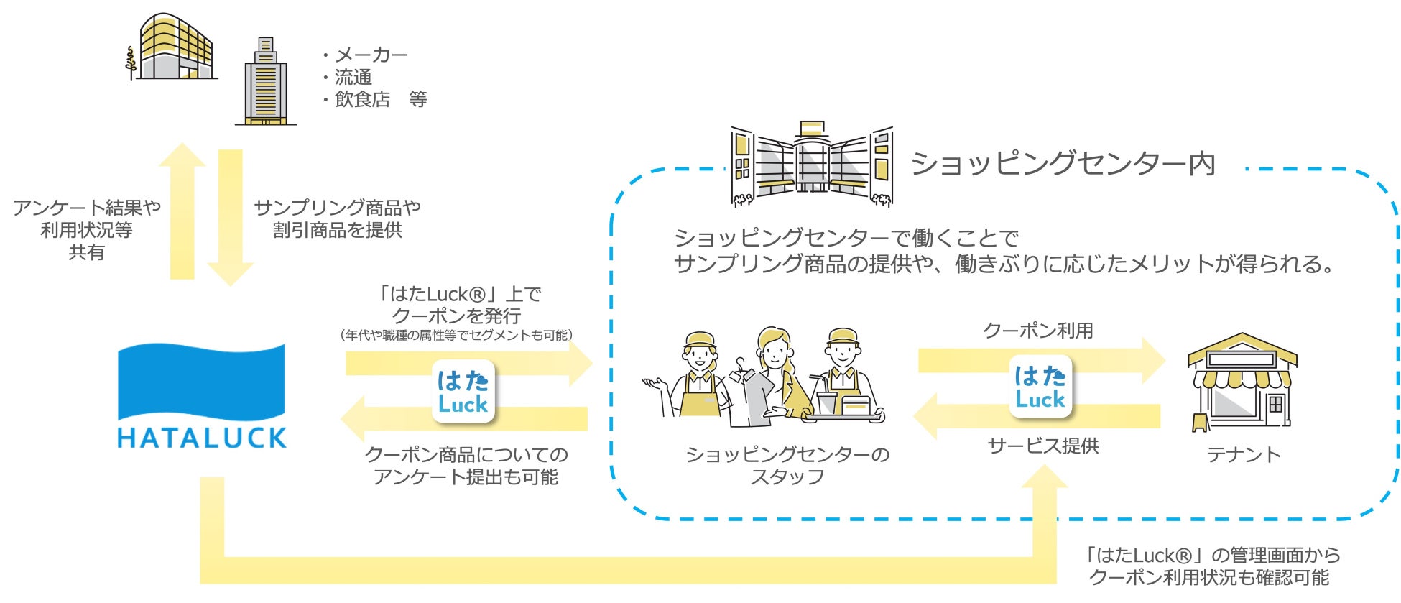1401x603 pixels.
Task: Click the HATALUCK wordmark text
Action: point(202,437)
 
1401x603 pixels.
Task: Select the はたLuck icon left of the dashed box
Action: point(463,392)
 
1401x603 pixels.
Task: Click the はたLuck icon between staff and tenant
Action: point(1040,387)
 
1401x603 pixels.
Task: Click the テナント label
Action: point(1243,455)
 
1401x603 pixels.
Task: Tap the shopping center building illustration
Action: point(812,165)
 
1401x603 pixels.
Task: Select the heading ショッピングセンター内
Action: point(1063,164)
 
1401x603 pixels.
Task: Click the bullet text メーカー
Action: point(371,55)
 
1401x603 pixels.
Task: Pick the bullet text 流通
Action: point(353,78)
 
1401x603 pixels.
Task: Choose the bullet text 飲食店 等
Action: point(381,100)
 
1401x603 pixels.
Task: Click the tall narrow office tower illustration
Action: point(265,82)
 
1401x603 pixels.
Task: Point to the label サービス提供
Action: point(1043,446)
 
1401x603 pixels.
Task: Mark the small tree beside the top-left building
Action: point(130,63)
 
